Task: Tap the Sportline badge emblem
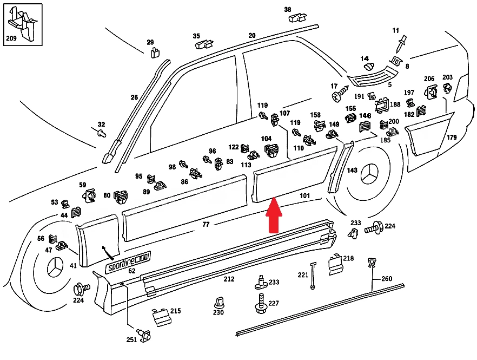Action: click(x=128, y=262)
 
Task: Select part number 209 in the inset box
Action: click(x=11, y=38)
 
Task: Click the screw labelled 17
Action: click(x=340, y=94)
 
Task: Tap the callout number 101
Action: click(x=304, y=196)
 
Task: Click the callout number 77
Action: click(x=206, y=225)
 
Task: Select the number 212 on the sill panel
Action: click(x=229, y=279)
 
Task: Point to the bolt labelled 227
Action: click(x=261, y=303)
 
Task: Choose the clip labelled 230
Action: click(x=218, y=303)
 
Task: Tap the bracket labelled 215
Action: click(x=161, y=317)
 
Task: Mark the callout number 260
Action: click(x=387, y=279)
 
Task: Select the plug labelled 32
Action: click(x=102, y=133)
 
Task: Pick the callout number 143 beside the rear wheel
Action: click(x=352, y=170)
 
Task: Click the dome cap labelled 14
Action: click(x=369, y=67)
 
